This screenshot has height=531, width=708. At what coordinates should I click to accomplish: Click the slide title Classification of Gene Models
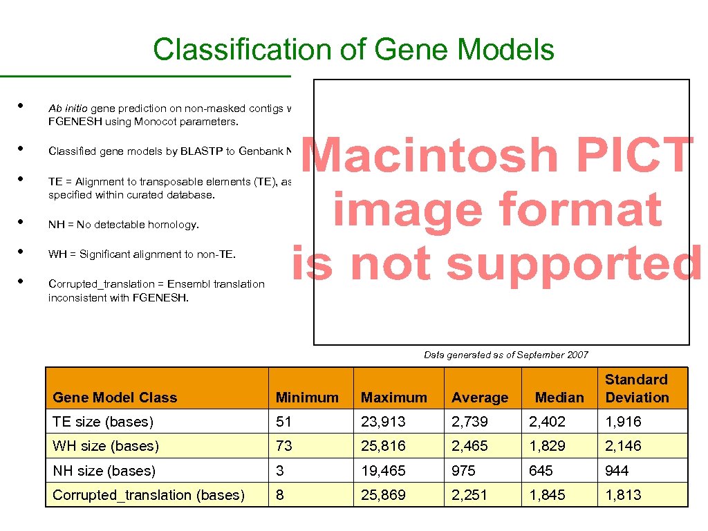click(353, 50)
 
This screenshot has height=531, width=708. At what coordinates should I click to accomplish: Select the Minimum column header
click(307, 398)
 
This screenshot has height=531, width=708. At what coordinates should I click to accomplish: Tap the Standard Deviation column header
click(637, 389)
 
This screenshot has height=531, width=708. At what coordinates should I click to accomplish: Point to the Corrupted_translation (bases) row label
click(149, 495)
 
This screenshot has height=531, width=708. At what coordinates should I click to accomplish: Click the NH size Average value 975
click(463, 471)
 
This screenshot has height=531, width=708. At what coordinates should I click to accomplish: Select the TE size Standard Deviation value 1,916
click(623, 422)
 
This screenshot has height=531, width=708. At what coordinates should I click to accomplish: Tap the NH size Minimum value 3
click(279, 471)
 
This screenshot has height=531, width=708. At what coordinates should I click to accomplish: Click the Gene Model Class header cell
click(115, 398)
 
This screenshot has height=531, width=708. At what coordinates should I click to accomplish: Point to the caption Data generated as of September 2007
click(506, 355)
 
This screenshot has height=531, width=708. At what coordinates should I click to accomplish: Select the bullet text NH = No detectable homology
click(124, 225)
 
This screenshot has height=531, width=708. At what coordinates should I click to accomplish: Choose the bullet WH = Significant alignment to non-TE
click(142, 254)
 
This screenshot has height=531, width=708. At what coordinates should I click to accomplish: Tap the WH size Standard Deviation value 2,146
click(623, 446)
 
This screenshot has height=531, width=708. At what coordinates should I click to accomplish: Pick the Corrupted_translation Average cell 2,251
click(469, 495)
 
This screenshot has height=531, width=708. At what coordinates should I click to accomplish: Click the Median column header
click(559, 398)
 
